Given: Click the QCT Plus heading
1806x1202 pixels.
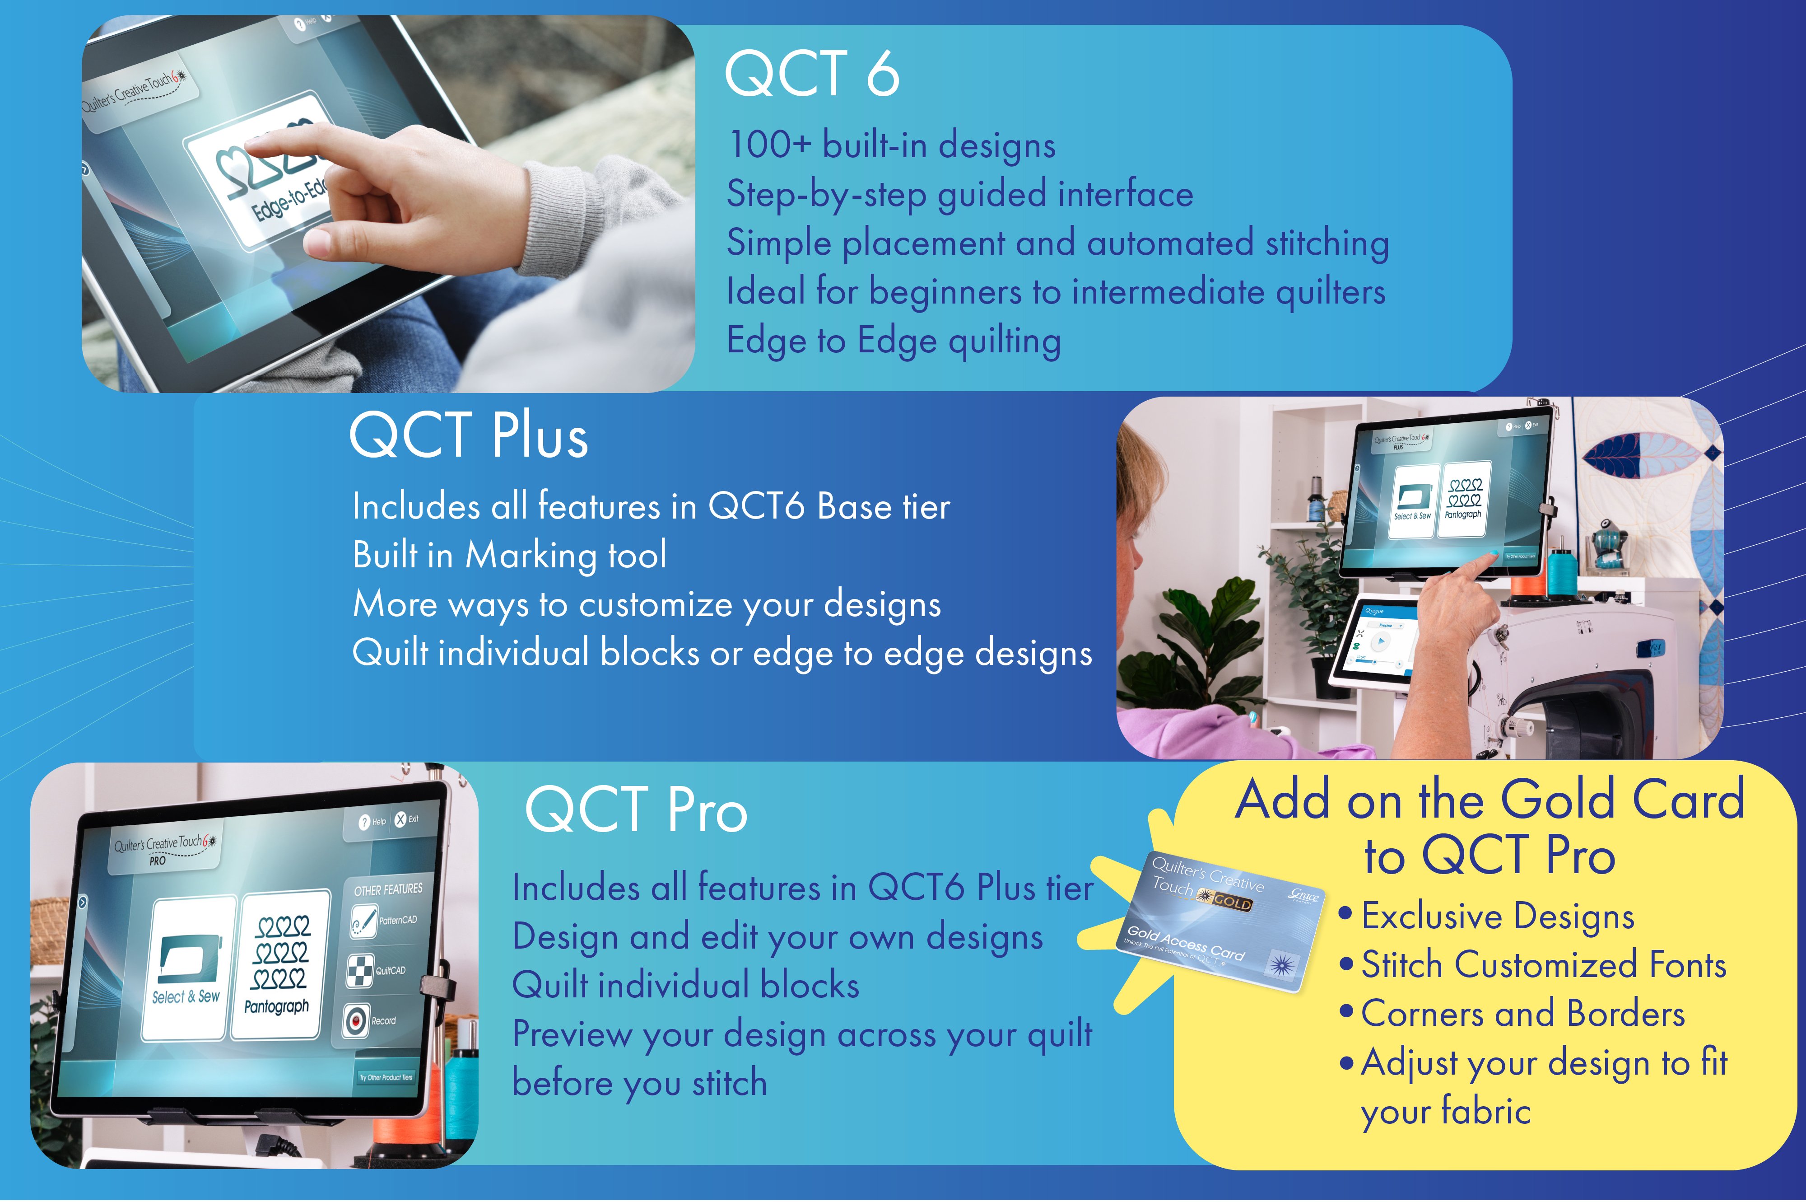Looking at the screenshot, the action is tap(469, 435).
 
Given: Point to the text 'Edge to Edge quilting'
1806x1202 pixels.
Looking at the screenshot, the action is tap(894, 341).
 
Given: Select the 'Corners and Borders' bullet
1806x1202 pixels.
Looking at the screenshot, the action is tap(1522, 1014).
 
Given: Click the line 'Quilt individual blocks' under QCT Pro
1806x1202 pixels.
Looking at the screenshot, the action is tap(686, 985).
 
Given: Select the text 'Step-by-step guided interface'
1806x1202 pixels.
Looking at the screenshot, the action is tap(960, 194).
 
